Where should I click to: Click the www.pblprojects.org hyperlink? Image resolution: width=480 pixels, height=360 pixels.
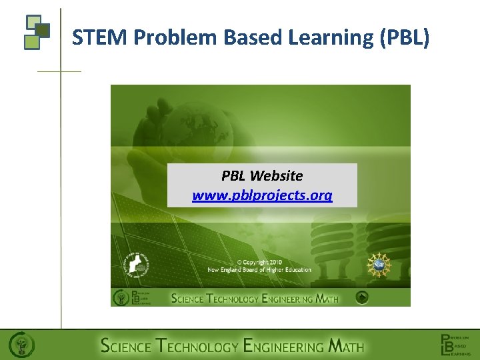tap(262, 195)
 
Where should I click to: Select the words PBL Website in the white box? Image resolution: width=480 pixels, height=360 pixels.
tap(262, 176)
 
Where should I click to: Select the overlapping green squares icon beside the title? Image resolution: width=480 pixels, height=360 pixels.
tap(37, 31)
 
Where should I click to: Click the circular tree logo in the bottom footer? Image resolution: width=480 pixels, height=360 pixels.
tap(21, 345)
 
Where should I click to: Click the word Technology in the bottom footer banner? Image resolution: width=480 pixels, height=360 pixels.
tap(197, 346)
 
